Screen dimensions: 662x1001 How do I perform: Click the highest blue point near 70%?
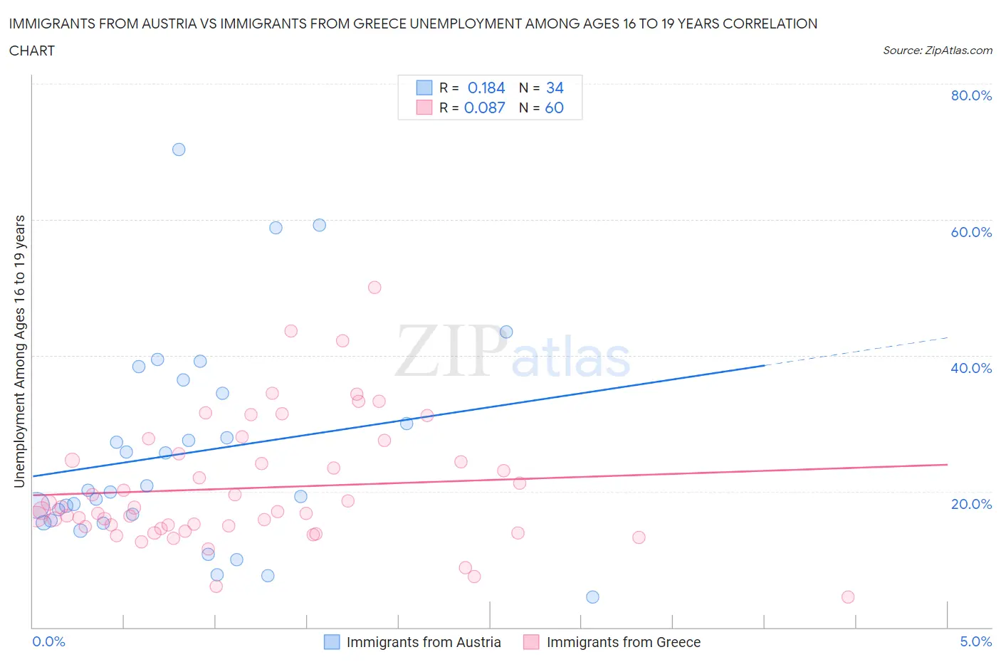click(179, 149)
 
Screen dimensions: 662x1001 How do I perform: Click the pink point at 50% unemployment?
click(374, 288)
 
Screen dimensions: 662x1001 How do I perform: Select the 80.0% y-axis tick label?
click(971, 95)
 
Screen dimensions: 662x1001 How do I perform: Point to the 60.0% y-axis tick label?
click(971, 232)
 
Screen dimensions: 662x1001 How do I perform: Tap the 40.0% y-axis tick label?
click(971, 368)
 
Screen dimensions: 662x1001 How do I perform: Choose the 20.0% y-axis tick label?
click(971, 504)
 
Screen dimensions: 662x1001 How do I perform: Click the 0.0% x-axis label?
click(48, 641)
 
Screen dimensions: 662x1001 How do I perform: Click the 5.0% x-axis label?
click(975, 641)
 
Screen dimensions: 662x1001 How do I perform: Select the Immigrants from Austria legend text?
click(424, 642)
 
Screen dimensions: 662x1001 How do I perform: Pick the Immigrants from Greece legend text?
click(623, 642)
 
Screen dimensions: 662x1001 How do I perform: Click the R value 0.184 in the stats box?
click(486, 88)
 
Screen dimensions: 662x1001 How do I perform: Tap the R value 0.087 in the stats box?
click(484, 107)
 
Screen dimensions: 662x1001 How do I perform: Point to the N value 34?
click(555, 88)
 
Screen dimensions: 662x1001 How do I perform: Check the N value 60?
click(554, 107)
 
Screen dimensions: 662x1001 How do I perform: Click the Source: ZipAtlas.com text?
click(937, 50)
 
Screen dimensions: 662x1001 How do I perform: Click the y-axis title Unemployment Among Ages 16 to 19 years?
click(20, 352)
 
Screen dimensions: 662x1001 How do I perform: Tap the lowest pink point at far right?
click(847, 597)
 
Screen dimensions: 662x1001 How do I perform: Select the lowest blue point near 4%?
click(592, 597)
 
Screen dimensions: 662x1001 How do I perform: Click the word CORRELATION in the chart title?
click(770, 23)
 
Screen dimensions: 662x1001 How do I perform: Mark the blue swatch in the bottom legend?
click(332, 642)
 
